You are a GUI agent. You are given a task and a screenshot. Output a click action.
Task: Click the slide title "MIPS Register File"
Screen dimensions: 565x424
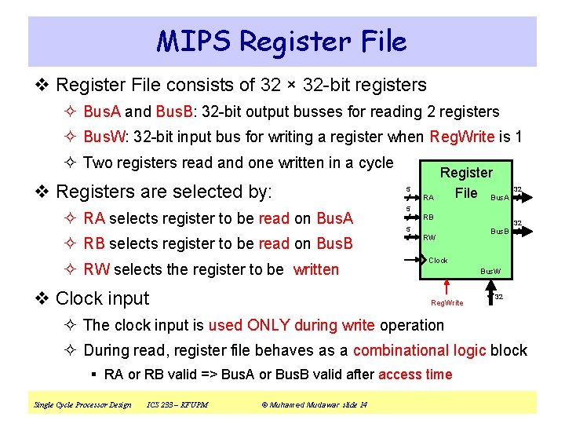coord(282,41)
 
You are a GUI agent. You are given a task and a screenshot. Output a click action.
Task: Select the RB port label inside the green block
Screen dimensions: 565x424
coord(428,217)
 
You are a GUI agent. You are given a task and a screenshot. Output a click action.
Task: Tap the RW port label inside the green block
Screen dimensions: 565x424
coord(429,237)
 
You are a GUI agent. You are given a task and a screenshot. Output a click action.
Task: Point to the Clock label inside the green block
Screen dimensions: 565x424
coord(438,261)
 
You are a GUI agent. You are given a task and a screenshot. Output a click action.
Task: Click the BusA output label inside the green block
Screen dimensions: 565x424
coord(500,197)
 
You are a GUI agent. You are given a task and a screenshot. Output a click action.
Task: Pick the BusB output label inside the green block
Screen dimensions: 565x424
coord(500,231)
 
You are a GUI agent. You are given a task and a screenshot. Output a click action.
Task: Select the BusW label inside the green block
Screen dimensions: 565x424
coord(490,271)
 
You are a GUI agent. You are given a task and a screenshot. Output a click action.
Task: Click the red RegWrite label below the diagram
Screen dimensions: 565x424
coord(447,303)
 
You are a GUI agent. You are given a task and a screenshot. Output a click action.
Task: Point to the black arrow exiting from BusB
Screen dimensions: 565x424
coord(518,232)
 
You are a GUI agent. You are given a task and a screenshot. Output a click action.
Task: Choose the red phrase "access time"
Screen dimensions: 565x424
coord(415,375)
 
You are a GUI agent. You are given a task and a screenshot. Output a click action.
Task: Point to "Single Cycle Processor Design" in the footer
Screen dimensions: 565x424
coord(82,405)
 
